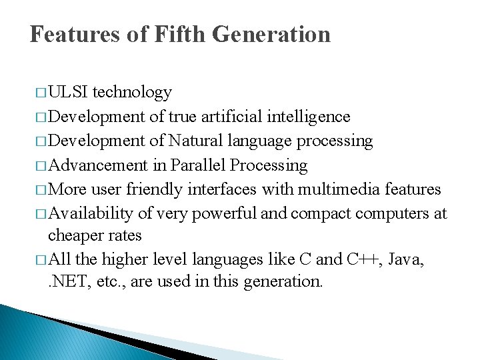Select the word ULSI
(x=70, y=92)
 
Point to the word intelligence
(x=308, y=117)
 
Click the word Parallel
(x=198, y=165)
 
